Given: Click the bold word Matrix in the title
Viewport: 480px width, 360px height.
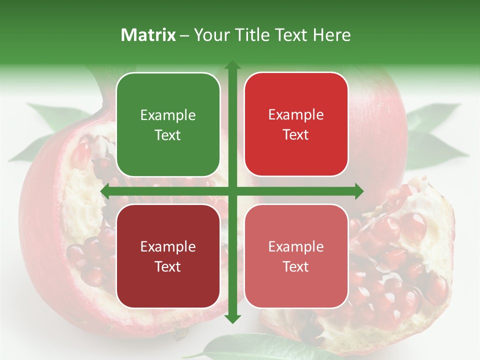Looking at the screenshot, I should point(148,35).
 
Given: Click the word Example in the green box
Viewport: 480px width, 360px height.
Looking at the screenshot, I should point(168,115).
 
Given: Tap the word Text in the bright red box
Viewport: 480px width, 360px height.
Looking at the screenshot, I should point(296,135).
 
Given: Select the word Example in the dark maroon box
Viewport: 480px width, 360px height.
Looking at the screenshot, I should point(168,247).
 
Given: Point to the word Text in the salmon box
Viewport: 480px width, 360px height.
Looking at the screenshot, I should point(296,266).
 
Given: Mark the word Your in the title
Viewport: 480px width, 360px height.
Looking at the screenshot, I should point(211,35).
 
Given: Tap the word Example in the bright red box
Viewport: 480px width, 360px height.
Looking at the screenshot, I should point(296,115).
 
